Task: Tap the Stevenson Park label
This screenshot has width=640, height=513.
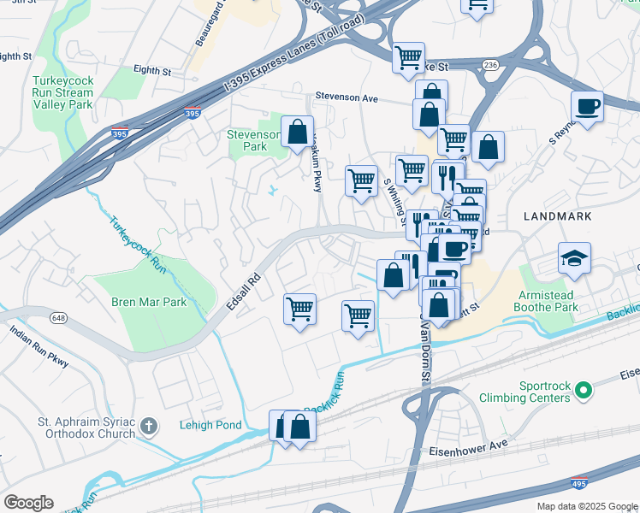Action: [x=253, y=140]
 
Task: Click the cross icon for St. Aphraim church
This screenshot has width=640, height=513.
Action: [x=149, y=425]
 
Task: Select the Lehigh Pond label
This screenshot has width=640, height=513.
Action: [x=210, y=425]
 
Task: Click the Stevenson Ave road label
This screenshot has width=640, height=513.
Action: [x=347, y=97]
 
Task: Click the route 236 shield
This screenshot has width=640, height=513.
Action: [x=490, y=64]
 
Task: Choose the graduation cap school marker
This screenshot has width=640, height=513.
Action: [x=574, y=257]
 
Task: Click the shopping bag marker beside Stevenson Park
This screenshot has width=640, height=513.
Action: [x=297, y=133]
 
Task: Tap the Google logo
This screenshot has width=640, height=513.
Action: [x=28, y=503]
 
